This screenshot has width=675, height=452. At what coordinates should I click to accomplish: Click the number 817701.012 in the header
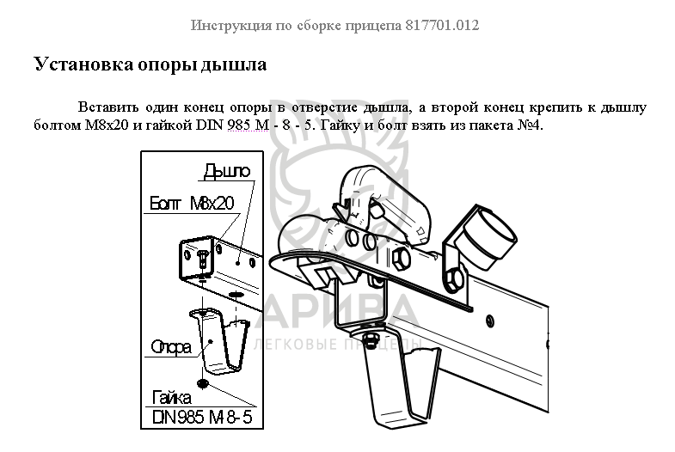click(442, 26)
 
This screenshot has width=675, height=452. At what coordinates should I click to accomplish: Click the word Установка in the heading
click(83, 64)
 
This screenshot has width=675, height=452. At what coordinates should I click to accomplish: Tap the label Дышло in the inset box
click(226, 171)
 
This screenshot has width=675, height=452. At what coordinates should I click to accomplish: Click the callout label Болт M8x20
click(192, 203)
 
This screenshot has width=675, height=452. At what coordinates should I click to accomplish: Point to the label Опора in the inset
click(171, 347)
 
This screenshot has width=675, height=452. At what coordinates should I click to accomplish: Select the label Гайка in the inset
click(172, 398)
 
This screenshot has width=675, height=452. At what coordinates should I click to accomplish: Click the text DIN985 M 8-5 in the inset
click(202, 417)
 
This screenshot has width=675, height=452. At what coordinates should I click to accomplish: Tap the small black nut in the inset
click(203, 382)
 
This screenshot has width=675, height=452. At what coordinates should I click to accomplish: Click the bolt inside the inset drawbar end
click(203, 260)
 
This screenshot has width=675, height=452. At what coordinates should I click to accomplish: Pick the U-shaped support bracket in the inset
click(219, 339)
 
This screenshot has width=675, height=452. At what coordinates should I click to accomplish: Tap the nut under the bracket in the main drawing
click(371, 340)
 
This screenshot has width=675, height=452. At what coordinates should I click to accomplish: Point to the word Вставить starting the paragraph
click(108, 107)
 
